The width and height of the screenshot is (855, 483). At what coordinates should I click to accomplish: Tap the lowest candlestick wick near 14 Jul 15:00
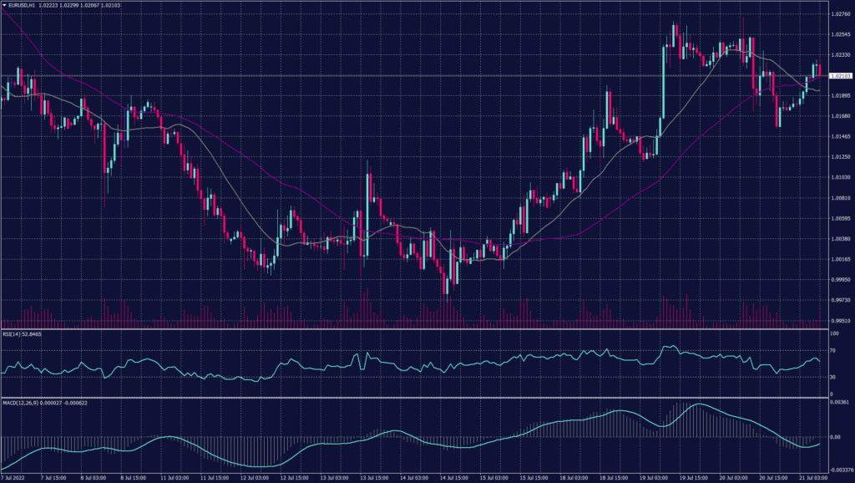pyautogui.click(x=448, y=293)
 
